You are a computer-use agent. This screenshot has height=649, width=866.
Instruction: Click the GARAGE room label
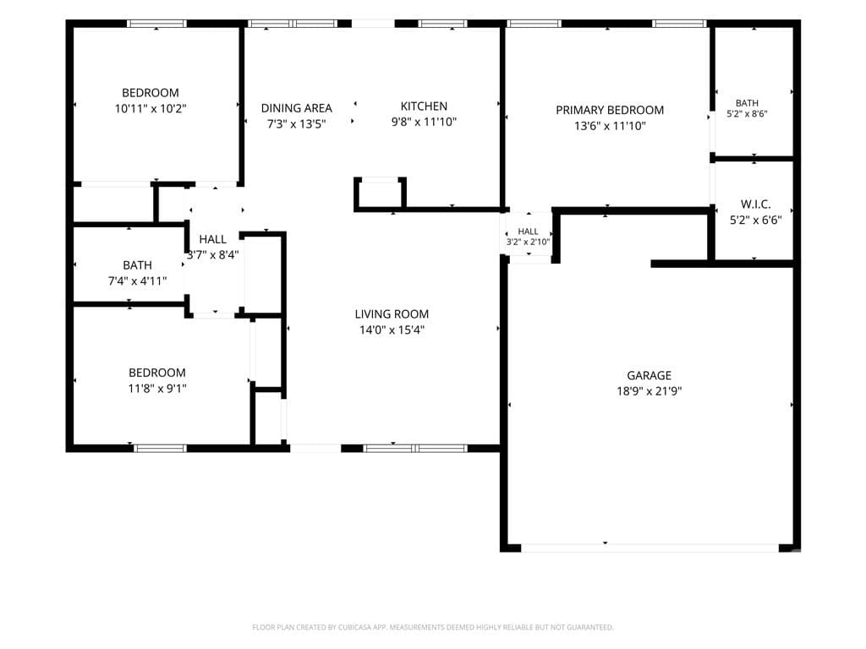pyautogui.click(x=649, y=375)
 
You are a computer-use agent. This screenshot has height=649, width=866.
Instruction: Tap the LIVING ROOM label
pyautogui.click(x=392, y=314)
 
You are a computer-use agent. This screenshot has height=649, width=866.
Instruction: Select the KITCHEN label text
pyautogui.click(x=424, y=106)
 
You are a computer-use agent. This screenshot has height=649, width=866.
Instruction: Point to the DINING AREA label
pyautogui.click(x=297, y=108)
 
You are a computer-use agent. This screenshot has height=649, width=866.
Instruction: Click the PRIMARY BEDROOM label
pyautogui.click(x=610, y=110)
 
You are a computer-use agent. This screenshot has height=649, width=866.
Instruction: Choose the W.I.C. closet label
pyautogui.click(x=755, y=205)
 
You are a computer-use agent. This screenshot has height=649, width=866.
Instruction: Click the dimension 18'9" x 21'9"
pyautogui.click(x=649, y=391)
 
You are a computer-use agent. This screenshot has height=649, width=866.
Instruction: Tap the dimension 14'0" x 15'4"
pyautogui.click(x=392, y=330)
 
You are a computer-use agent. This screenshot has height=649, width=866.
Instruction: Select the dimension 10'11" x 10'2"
pyautogui.click(x=151, y=109)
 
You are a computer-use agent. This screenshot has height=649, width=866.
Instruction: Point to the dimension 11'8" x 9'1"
pyautogui.click(x=156, y=389)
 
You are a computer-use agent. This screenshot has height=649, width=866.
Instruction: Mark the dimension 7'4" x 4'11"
pyautogui.click(x=137, y=281)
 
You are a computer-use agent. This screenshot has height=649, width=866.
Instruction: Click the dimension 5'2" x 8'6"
pyautogui.click(x=747, y=114)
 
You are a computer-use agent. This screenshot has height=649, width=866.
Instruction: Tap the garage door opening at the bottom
pyautogui.click(x=650, y=548)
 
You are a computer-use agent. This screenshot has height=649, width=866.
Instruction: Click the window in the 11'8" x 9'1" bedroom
pyautogui.click(x=160, y=448)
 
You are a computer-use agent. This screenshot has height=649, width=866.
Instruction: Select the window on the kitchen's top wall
pyautogui.click(x=442, y=24)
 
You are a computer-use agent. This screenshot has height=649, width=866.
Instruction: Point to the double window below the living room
pyautogui.click(x=415, y=448)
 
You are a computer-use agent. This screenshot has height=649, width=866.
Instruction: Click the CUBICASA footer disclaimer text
pyautogui.click(x=433, y=627)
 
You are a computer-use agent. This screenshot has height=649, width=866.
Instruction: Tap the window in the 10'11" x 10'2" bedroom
pyautogui.click(x=156, y=24)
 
